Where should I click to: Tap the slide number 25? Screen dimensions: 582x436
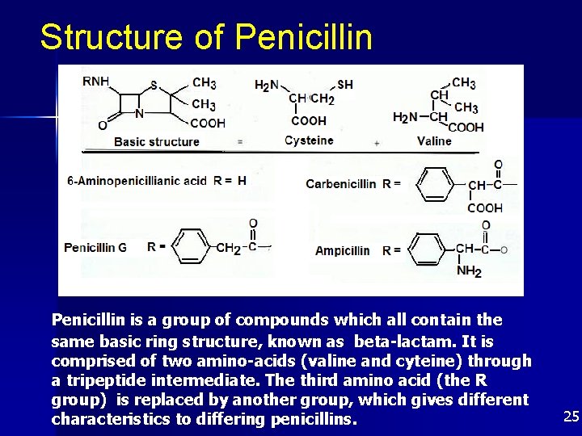point(571,417)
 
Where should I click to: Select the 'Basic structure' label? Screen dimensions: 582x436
point(157,141)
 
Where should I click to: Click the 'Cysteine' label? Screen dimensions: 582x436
point(309,140)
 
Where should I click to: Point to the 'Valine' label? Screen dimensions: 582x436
point(434,141)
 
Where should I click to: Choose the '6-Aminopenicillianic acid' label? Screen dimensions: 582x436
point(137,181)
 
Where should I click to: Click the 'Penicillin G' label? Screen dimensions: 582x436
point(95,247)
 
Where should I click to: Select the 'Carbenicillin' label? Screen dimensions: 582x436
point(340,183)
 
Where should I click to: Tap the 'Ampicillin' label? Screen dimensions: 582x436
point(342,250)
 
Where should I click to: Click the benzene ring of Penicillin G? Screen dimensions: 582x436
point(192,245)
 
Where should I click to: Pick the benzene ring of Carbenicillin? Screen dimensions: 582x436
point(441,183)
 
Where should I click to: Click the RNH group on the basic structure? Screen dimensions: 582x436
point(97,80)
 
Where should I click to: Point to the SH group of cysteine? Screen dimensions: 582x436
point(345,84)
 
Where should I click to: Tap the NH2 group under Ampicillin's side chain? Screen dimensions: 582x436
point(468,271)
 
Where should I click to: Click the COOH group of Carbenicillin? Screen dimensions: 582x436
point(485,208)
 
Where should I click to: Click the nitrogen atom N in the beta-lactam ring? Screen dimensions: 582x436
point(140,114)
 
